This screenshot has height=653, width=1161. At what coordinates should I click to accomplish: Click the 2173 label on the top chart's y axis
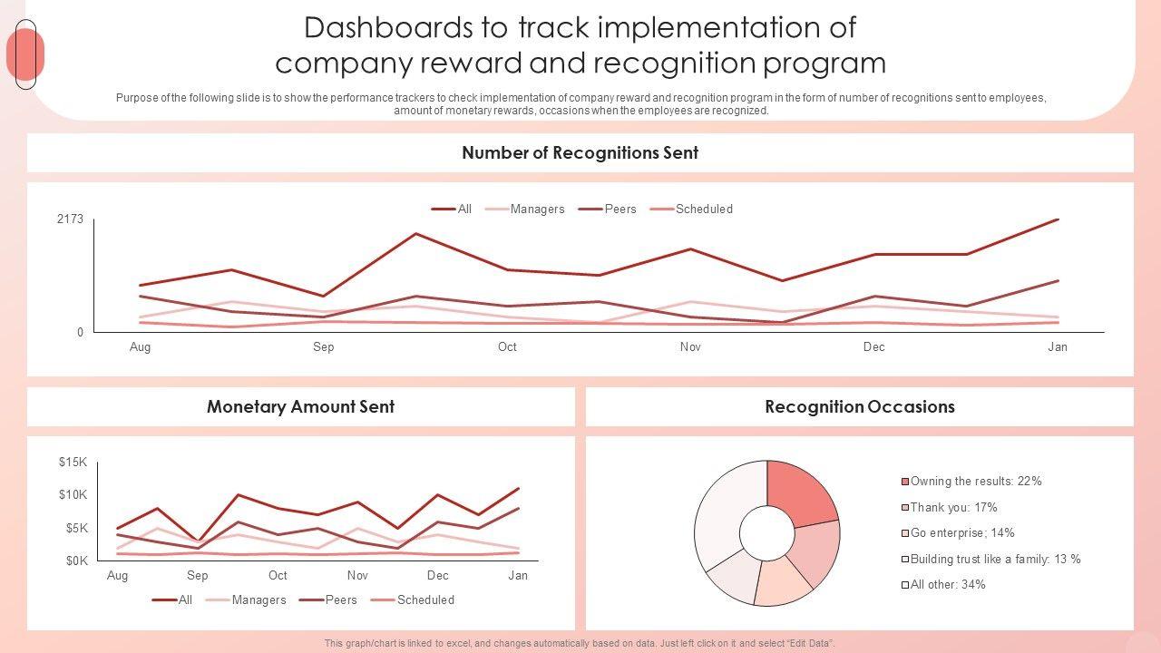pyautogui.click(x=70, y=219)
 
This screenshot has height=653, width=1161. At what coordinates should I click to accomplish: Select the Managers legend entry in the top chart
pyautogui.click(x=537, y=210)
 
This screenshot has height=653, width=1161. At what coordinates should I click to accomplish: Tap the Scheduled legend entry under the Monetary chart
pyautogui.click(x=425, y=600)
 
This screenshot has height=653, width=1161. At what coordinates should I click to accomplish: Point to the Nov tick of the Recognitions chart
pyautogui.click(x=690, y=347)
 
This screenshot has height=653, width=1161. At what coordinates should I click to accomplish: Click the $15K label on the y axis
pyautogui.click(x=73, y=463)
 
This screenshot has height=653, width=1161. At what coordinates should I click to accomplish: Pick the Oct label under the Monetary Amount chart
pyautogui.click(x=278, y=576)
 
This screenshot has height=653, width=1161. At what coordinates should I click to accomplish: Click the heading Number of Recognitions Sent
pyautogui.click(x=580, y=153)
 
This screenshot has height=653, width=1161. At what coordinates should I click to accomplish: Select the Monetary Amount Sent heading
pyautogui.click(x=300, y=407)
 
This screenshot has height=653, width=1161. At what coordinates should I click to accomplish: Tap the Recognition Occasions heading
pyautogui.click(x=859, y=407)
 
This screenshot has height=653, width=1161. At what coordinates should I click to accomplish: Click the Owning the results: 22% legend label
pyautogui.click(x=976, y=482)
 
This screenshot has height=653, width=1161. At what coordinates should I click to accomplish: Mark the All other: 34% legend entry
pyautogui.click(x=948, y=585)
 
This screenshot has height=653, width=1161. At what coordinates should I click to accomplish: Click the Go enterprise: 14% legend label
pyautogui.click(x=962, y=533)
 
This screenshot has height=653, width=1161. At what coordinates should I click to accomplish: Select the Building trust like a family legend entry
pyautogui.click(x=995, y=560)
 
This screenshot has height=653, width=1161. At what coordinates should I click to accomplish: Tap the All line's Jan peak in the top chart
pyautogui.click(x=1058, y=219)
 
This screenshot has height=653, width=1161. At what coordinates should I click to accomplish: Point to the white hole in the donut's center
pyautogui.click(x=766, y=532)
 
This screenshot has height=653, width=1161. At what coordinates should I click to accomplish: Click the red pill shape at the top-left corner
pyautogui.click(x=24, y=54)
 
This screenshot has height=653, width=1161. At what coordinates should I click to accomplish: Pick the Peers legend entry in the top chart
pyautogui.click(x=620, y=210)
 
